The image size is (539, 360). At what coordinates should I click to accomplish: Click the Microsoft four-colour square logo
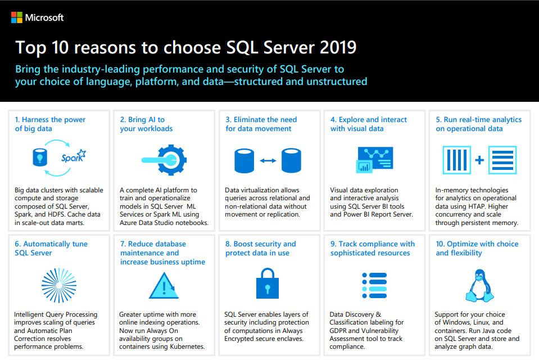pyautogui.click(x=16, y=17)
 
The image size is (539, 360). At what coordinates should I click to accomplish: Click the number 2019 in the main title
pyautogui.click(x=338, y=47)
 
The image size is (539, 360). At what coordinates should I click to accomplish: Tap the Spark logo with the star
pyautogui.click(x=74, y=156)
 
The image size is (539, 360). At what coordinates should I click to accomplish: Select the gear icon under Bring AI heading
pyautogui.click(x=172, y=160)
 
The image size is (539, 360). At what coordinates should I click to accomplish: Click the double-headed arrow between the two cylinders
pyautogui.click(x=268, y=161)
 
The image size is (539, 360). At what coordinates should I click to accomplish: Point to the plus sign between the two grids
pyautogui.click(x=479, y=160)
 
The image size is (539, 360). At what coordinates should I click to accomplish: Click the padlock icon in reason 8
pyautogui.click(x=268, y=283)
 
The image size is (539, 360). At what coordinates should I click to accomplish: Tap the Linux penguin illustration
pyautogui.click(x=479, y=286)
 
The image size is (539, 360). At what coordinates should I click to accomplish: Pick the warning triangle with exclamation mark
pyautogui.click(x=164, y=286)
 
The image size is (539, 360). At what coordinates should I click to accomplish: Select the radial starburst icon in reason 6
pyautogui.click(x=59, y=286)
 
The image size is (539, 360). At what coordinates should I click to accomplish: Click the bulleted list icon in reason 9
pyautogui.click(x=374, y=286)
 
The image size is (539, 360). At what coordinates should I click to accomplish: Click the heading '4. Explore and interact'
pyautogui.click(x=369, y=120)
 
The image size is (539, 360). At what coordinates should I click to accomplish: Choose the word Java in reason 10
pyautogui.click(x=488, y=331)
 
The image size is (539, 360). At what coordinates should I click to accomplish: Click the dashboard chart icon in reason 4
pyautogui.click(x=374, y=160)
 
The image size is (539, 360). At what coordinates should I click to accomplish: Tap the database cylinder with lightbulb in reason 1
pyautogui.click(x=40, y=157)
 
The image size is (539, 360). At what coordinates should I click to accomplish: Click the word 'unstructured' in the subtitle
pyautogui.click(x=337, y=82)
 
